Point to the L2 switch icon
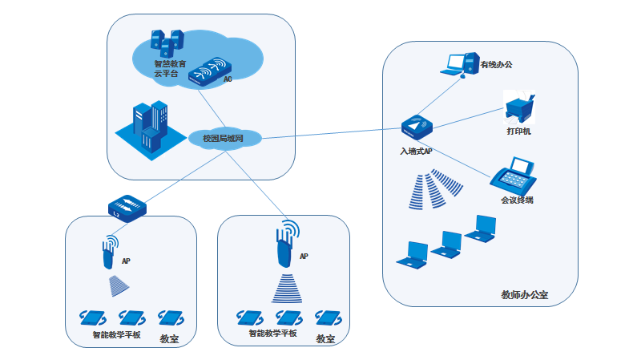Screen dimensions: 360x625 point(127,207)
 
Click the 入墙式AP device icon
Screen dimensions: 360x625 point(417,127)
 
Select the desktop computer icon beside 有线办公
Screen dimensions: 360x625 point(458,64)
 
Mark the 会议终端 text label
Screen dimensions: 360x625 point(517,200)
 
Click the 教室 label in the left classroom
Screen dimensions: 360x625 point(169,339)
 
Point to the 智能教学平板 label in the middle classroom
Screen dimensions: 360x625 point(272,333)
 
